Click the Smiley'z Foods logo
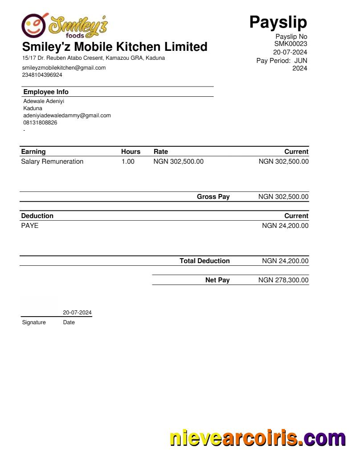point(65,25)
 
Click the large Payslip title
point(278,21)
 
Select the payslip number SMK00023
point(290,44)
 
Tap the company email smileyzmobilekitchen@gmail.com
point(64,68)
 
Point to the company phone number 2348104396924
point(42,75)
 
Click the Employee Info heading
point(46,92)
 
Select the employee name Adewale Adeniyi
point(44,101)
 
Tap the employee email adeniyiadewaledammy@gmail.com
point(67,115)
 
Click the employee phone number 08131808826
point(40,123)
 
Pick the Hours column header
point(131,152)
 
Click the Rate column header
point(161,152)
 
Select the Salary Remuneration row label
point(52,161)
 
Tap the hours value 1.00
point(128,161)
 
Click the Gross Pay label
point(213,197)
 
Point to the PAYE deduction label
point(30,226)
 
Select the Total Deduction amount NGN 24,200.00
point(285,261)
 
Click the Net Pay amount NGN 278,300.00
point(283,280)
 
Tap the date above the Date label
point(77,313)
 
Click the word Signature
point(34,322)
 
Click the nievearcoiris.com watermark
point(258,438)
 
